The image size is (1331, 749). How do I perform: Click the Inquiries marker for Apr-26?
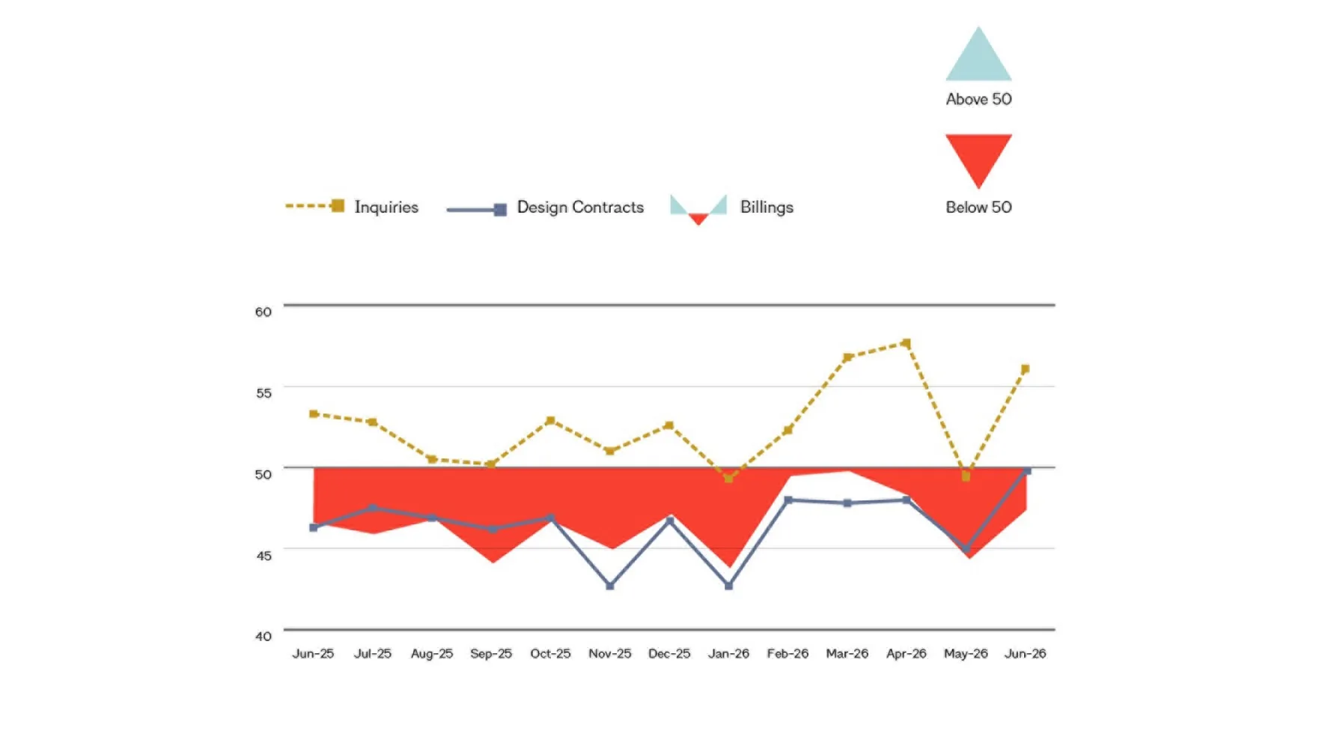tap(907, 343)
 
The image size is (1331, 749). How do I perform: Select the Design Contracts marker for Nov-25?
tap(610, 586)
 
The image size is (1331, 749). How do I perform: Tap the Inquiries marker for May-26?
tap(966, 476)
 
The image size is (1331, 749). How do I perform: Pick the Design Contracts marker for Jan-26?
tap(729, 586)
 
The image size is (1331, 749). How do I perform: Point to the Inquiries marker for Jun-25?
tap(314, 413)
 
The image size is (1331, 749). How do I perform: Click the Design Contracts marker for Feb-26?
tap(788, 500)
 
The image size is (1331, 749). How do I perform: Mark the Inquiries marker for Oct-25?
tap(551, 420)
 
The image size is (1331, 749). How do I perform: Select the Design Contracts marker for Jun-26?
tap(1026, 470)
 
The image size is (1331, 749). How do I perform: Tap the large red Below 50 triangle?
tap(978, 154)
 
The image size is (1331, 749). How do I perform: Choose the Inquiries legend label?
tap(386, 207)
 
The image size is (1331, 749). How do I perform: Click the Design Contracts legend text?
tap(580, 207)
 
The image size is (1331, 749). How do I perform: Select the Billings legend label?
tap(767, 207)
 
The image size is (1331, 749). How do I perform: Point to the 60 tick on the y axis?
tap(264, 312)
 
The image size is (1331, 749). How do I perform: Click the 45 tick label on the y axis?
tap(264, 555)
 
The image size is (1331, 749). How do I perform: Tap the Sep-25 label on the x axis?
tap(491, 653)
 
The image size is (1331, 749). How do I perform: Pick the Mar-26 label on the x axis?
tap(847, 653)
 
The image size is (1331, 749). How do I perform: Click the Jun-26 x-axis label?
tap(1026, 653)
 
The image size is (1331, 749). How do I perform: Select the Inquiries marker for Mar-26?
tap(847, 357)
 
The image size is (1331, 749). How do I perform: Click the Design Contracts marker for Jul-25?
tap(373, 508)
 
